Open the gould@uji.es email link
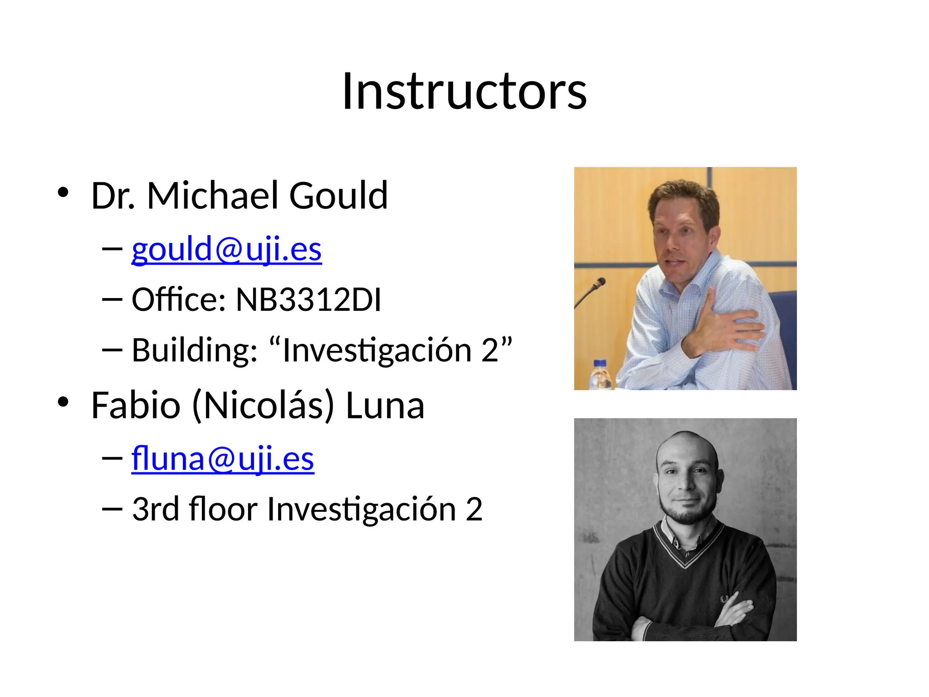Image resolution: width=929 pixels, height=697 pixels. tap(226, 249)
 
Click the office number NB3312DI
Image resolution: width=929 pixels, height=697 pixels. tap(308, 299)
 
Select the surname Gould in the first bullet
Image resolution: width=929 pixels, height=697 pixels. tap(338, 196)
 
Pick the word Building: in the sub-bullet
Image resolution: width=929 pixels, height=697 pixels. tap(195, 350)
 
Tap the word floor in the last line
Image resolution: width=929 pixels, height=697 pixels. tap(223, 509)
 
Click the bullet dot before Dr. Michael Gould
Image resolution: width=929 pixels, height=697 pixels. tap(63, 192)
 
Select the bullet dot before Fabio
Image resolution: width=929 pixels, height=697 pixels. tap(63, 402)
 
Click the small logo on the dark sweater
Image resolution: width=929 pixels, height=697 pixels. tap(724, 599)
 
